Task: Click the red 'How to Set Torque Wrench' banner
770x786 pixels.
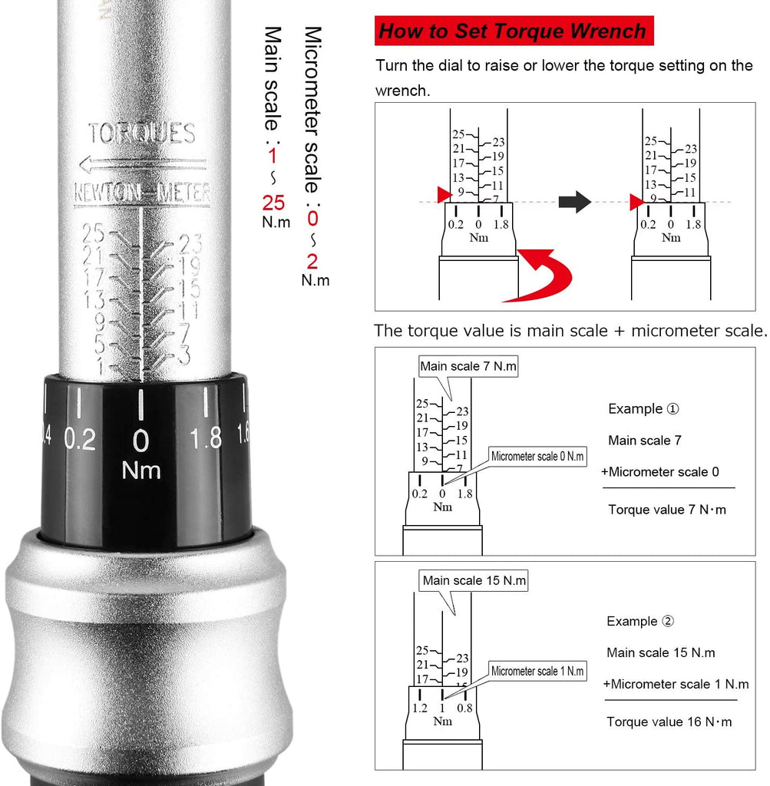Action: click(514, 31)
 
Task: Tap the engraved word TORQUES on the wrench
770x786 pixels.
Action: click(142, 134)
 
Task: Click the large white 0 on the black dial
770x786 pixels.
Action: click(140, 441)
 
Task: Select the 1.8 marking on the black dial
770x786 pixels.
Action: click(206, 438)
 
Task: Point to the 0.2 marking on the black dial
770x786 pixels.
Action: click(80, 440)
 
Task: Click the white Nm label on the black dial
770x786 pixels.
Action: click(140, 471)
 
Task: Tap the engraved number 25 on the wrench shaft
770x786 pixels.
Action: click(93, 233)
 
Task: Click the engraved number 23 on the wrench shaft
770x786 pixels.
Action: click(190, 243)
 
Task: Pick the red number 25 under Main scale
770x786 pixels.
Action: click(273, 203)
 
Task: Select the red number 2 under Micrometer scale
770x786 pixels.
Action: click(312, 262)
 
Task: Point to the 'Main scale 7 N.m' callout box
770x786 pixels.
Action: click(468, 366)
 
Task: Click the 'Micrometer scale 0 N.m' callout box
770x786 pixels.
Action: click(537, 456)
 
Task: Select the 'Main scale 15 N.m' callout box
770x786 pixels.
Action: click(474, 580)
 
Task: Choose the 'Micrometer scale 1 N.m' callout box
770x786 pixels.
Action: click(537, 671)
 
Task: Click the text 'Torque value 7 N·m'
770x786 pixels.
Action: click(666, 510)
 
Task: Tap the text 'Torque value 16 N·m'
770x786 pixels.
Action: click(669, 722)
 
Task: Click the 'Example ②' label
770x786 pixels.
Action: click(640, 621)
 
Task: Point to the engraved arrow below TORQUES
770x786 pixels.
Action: click(143, 164)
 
